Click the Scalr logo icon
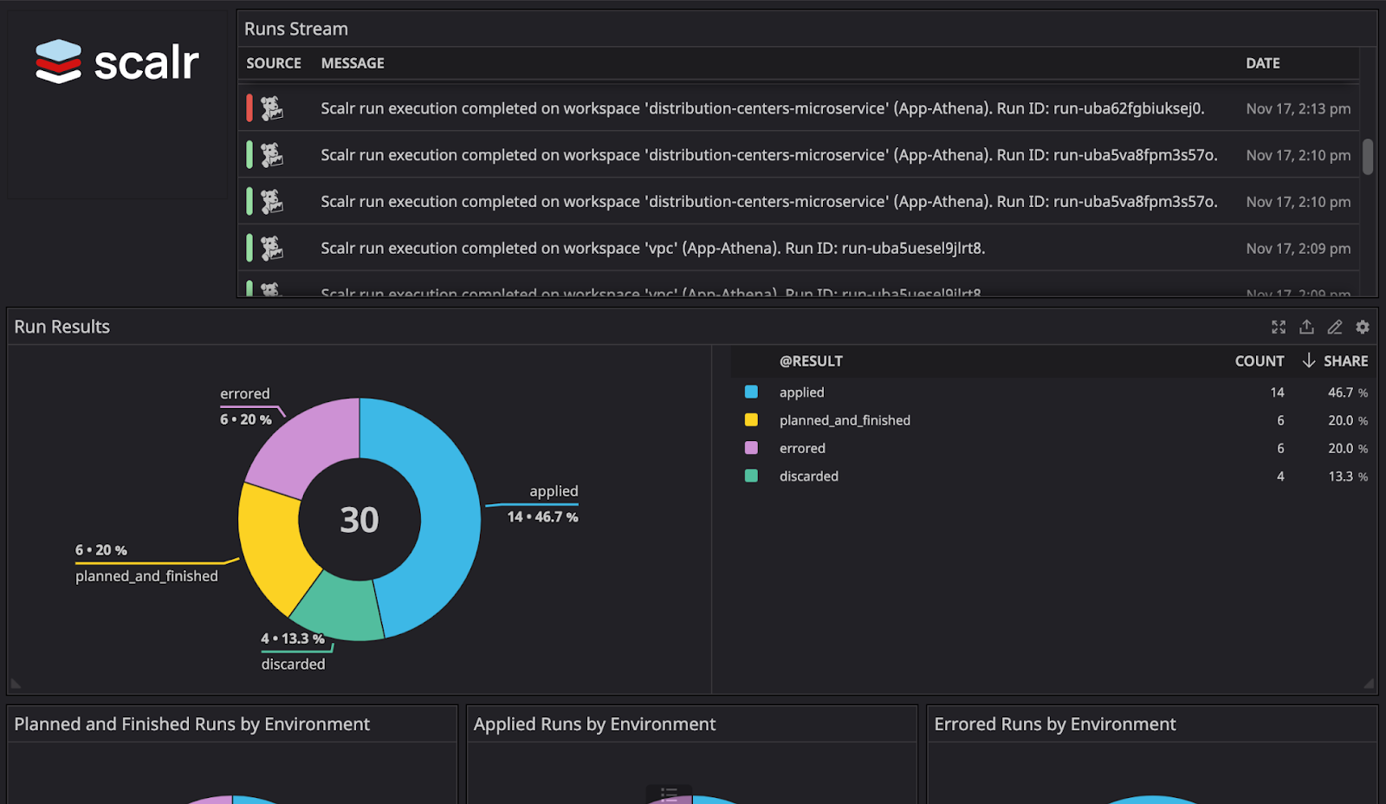(x=58, y=62)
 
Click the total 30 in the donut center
(x=359, y=520)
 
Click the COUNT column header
(x=1259, y=361)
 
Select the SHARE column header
(x=1345, y=361)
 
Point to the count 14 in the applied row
(x=1277, y=392)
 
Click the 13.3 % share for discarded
(x=1347, y=477)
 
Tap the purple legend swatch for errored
(x=751, y=448)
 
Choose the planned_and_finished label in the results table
(x=845, y=420)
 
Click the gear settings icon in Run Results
(x=1363, y=327)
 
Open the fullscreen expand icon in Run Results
(x=1279, y=327)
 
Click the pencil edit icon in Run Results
(x=1335, y=327)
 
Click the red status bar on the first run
(x=249, y=108)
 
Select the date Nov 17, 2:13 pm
(x=1298, y=108)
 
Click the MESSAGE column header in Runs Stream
(x=353, y=63)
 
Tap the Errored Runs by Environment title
(x=1054, y=724)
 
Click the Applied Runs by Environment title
(x=594, y=724)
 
